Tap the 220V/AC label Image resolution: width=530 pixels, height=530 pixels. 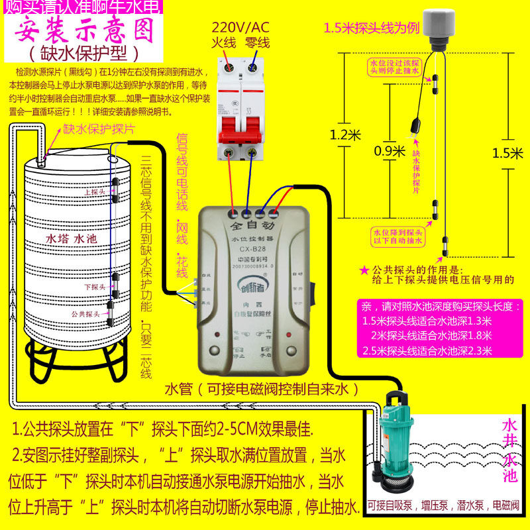pyautogui.click(x=240, y=28)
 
